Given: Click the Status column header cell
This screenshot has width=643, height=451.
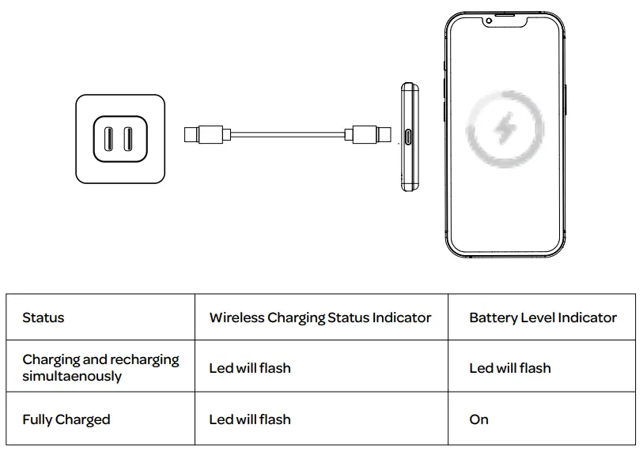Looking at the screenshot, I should point(43,318).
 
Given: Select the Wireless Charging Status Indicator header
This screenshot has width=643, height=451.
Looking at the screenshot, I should point(320,318).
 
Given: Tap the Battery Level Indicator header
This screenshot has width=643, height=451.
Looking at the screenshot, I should point(543,318).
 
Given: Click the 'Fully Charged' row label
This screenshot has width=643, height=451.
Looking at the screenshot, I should point(66,419).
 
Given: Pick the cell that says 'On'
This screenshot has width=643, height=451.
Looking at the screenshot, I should point(479,419).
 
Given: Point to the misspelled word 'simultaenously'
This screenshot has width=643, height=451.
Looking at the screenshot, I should point(72,376).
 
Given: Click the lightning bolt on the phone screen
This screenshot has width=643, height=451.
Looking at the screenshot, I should point(504,128).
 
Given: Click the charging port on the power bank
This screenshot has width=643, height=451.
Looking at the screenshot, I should point(409,137).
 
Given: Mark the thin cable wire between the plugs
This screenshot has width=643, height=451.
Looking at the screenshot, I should point(289,134).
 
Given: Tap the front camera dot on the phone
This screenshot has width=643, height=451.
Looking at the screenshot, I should point(489,21).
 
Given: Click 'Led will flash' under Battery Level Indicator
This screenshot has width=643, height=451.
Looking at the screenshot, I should point(510,368).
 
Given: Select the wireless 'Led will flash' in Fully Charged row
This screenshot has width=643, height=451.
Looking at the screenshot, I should point(250,419).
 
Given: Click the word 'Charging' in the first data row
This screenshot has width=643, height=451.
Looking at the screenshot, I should point(51,359).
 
